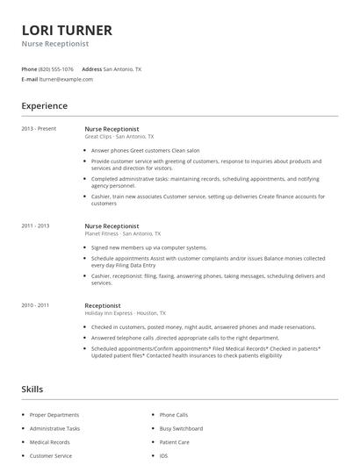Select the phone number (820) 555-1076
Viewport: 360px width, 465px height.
pos(57,68)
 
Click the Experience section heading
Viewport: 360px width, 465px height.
pos(44,106)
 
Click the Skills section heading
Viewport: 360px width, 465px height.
pos(32,388)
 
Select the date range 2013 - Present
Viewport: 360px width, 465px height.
pos(39,129)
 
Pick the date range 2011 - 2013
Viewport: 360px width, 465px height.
pos(35,225)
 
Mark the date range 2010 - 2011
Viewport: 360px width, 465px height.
pos(35,305)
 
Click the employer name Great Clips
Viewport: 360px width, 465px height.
pos(97,137)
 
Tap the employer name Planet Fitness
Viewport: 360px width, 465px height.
pos(101,234)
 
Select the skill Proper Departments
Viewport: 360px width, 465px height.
pos(54,415)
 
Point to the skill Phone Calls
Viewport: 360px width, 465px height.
pos(174,415)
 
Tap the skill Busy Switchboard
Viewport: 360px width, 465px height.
pos(181,428)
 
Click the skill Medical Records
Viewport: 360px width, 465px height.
pos(50,442)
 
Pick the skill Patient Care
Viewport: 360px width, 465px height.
pos(174,442)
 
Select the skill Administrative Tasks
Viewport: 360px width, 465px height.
pos(55,428)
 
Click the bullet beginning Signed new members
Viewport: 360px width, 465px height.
pos(148,247)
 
